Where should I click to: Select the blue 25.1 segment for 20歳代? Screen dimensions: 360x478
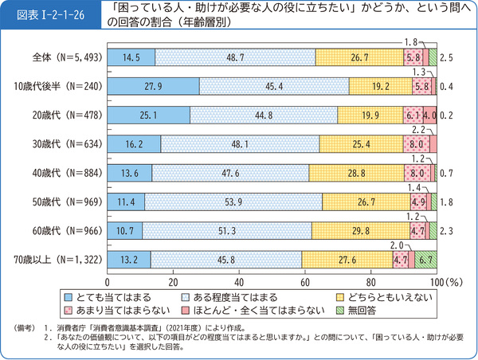pos(148,115)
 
